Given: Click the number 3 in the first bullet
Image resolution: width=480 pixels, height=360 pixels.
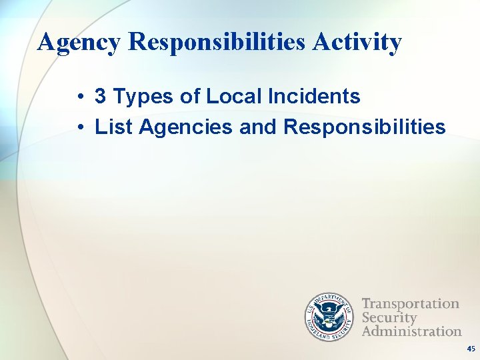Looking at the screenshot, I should pyautogui.click(x=101, y=97).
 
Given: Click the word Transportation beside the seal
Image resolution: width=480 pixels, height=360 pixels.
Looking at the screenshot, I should pyautogui.click(x=410, y=304).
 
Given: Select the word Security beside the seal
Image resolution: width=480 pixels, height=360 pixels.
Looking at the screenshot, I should pyautogui.click(x=389, y=317).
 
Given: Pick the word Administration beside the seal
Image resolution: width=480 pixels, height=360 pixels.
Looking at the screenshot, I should pyautogui.click(x=411, y=331).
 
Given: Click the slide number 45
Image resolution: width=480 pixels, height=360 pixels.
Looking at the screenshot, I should pyautogui.click(x=471, y=349).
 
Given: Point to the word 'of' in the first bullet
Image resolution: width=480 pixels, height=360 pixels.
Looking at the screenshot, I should pyautogui.click(x=190, y=97).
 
